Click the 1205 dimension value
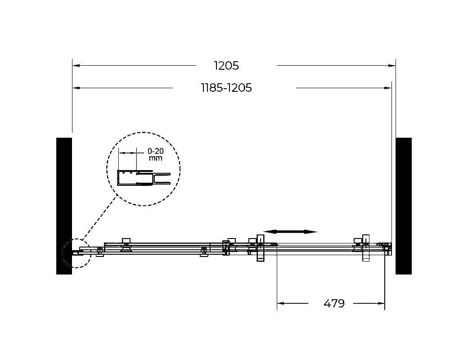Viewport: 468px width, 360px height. tap(226, 66)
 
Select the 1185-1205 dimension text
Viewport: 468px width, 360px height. tap(226, 88)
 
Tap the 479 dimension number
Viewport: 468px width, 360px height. tap(334, 303)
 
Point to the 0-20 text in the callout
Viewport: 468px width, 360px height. tap(156, 151)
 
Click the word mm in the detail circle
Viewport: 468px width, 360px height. tap(156, 158)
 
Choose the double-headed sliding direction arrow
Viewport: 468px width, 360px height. tap(290, 232)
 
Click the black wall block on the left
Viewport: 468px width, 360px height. tap(64, 206)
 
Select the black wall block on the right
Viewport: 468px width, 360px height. tap(404, 206)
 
